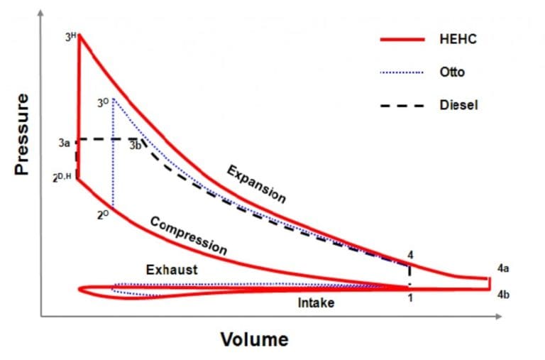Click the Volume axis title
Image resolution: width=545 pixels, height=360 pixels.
[254, 339]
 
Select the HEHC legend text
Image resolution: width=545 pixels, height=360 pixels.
[458, 39]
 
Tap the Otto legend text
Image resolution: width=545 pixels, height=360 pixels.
[452, 72]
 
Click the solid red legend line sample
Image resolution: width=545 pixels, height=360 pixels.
[402, 40]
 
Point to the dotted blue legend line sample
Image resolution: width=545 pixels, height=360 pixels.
[402, 72]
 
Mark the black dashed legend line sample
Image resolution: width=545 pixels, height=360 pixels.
[402, 106]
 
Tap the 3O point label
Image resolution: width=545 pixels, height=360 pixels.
[104, 104]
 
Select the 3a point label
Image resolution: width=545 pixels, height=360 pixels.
[64, 143]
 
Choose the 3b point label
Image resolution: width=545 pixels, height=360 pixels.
[135, 146]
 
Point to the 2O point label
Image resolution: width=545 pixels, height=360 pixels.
[104, 214]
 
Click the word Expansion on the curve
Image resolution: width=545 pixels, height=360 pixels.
[256, 184]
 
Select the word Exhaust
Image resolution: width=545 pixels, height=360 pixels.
[172, 270]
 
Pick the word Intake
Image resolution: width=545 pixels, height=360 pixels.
[316, 303]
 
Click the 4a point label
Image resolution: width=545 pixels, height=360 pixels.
[502, 269]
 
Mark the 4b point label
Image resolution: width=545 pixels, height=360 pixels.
[502, 293]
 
